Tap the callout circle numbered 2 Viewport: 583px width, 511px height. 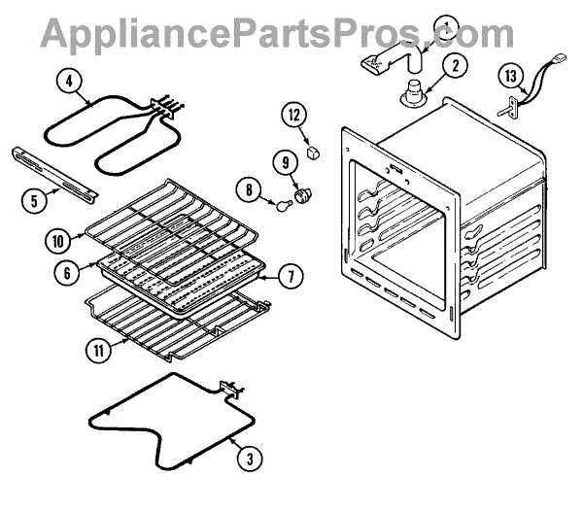pyautogui.click(x=454, y=66)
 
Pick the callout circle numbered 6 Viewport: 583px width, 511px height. pyautogui.click(x=67, y=274)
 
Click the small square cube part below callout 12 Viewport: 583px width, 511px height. pyautogui.click(x=314, y=153)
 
